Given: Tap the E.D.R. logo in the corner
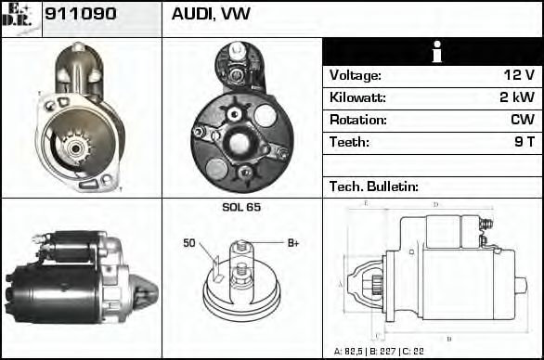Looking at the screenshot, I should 20,17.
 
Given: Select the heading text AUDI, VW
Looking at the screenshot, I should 211,16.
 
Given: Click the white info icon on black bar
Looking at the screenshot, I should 432,52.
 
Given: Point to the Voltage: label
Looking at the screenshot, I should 356,75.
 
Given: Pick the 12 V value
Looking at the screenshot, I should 516,75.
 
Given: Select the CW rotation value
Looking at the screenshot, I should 521,120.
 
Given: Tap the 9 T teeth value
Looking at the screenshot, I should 525,142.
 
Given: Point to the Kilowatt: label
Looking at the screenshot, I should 357,97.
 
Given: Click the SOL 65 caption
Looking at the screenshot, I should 241,207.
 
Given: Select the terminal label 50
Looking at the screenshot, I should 189,243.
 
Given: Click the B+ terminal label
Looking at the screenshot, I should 293,243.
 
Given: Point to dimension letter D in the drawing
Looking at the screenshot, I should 434,204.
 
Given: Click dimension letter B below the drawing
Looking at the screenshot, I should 449,339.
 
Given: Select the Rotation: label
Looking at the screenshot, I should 357,120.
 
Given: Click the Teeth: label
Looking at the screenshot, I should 350,142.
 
